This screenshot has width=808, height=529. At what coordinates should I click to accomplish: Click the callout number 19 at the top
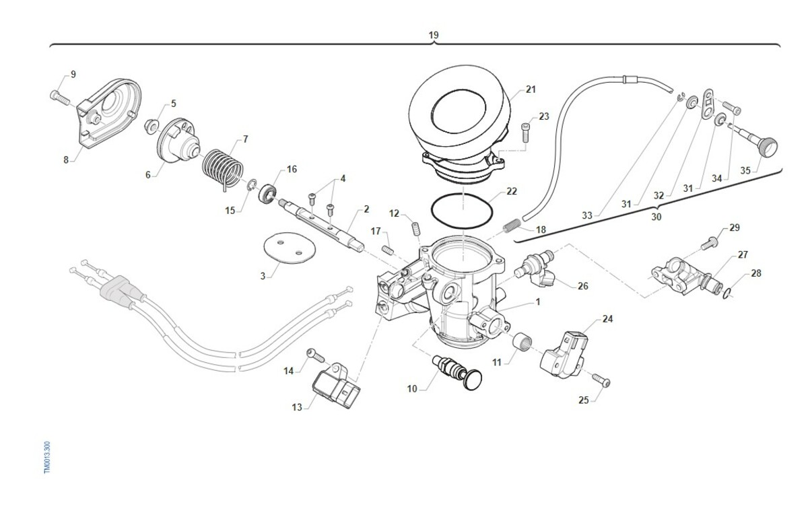pos(434,34)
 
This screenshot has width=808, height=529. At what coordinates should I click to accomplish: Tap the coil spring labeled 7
pos(222,168)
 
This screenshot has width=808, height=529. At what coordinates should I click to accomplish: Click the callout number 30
pos(656,217)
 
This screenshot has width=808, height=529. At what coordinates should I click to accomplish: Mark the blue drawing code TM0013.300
pos(47,457)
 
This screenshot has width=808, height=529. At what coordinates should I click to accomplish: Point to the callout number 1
pos(538,302)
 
